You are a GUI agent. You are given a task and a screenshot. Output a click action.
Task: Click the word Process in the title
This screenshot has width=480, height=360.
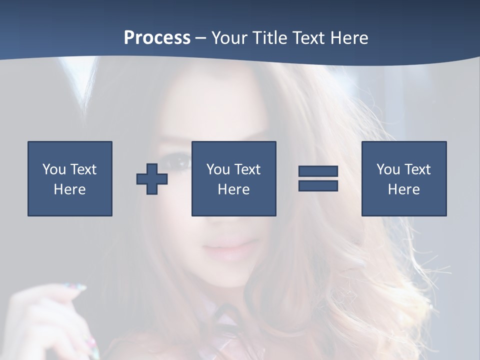157,38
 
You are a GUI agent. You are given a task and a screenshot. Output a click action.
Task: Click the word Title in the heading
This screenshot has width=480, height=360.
270,38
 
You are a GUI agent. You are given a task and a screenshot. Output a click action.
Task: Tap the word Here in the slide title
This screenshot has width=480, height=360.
349,38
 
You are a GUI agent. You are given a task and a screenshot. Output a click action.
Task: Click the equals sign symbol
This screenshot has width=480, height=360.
318,178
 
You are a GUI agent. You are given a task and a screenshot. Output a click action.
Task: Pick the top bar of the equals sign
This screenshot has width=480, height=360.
318,171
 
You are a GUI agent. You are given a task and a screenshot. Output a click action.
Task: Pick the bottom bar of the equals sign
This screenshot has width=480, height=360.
318,185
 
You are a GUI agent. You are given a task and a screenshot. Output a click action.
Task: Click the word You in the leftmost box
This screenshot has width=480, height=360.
54,169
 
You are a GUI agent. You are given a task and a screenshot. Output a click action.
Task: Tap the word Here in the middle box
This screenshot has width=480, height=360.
234,189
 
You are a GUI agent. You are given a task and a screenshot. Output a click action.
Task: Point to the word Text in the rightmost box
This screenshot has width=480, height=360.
417,169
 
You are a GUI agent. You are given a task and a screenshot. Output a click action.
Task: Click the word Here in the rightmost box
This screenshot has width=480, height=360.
404,189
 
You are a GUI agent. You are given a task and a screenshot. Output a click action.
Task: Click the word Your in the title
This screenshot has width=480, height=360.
229,38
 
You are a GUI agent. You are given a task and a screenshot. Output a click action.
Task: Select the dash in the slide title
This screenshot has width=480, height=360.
201,38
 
